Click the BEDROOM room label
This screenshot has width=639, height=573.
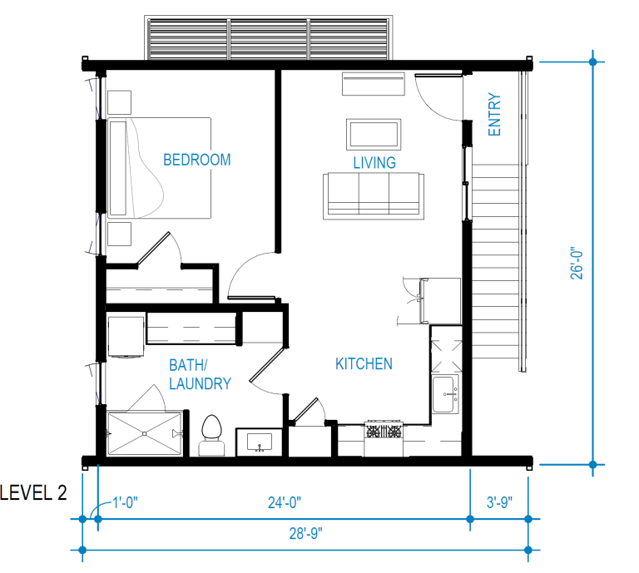point(196,160)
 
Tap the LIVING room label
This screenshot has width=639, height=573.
point(374,162)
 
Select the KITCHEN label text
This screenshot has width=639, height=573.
point(364,363)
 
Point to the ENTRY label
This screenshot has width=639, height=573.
point(495,115)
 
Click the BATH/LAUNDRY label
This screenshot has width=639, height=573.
point(200,374)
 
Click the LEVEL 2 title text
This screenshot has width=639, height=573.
point(33,492)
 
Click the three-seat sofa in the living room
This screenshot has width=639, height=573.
point(373,196)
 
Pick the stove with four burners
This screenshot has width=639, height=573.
point(384,432)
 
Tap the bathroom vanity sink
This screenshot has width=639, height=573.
point(260,442)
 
